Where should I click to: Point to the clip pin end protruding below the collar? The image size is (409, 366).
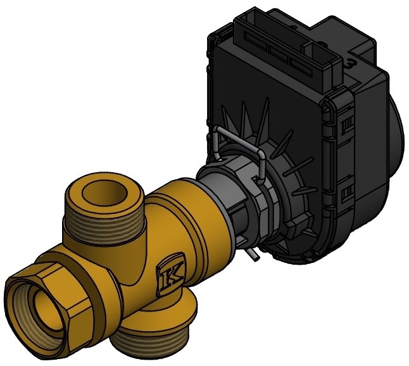pyautogui.click(x=253, y=255)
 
